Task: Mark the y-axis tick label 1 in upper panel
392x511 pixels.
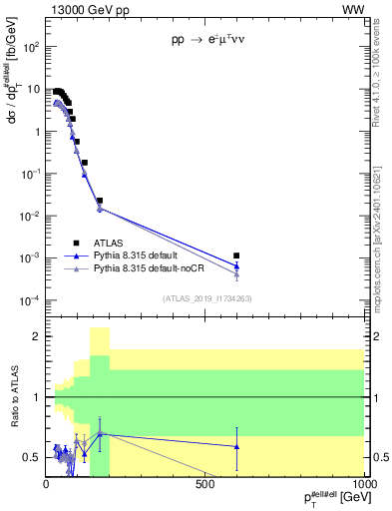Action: (x=37, y=131)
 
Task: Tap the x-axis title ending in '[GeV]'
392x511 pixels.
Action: (x=327, y=498)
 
